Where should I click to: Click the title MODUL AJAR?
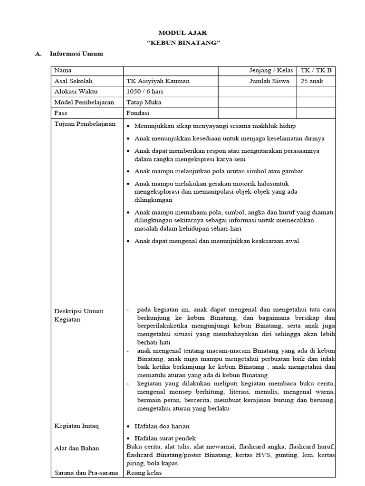pos(182,33)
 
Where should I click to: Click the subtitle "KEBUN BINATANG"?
pos(182,43)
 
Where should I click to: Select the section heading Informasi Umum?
pos(76,54)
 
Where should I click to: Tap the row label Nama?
pos(62,71)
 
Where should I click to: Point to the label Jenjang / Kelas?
pos(271,71)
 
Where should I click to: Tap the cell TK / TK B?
pos(316,71)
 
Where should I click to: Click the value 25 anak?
pos(312,81)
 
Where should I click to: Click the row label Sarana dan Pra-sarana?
pos(86,473)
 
